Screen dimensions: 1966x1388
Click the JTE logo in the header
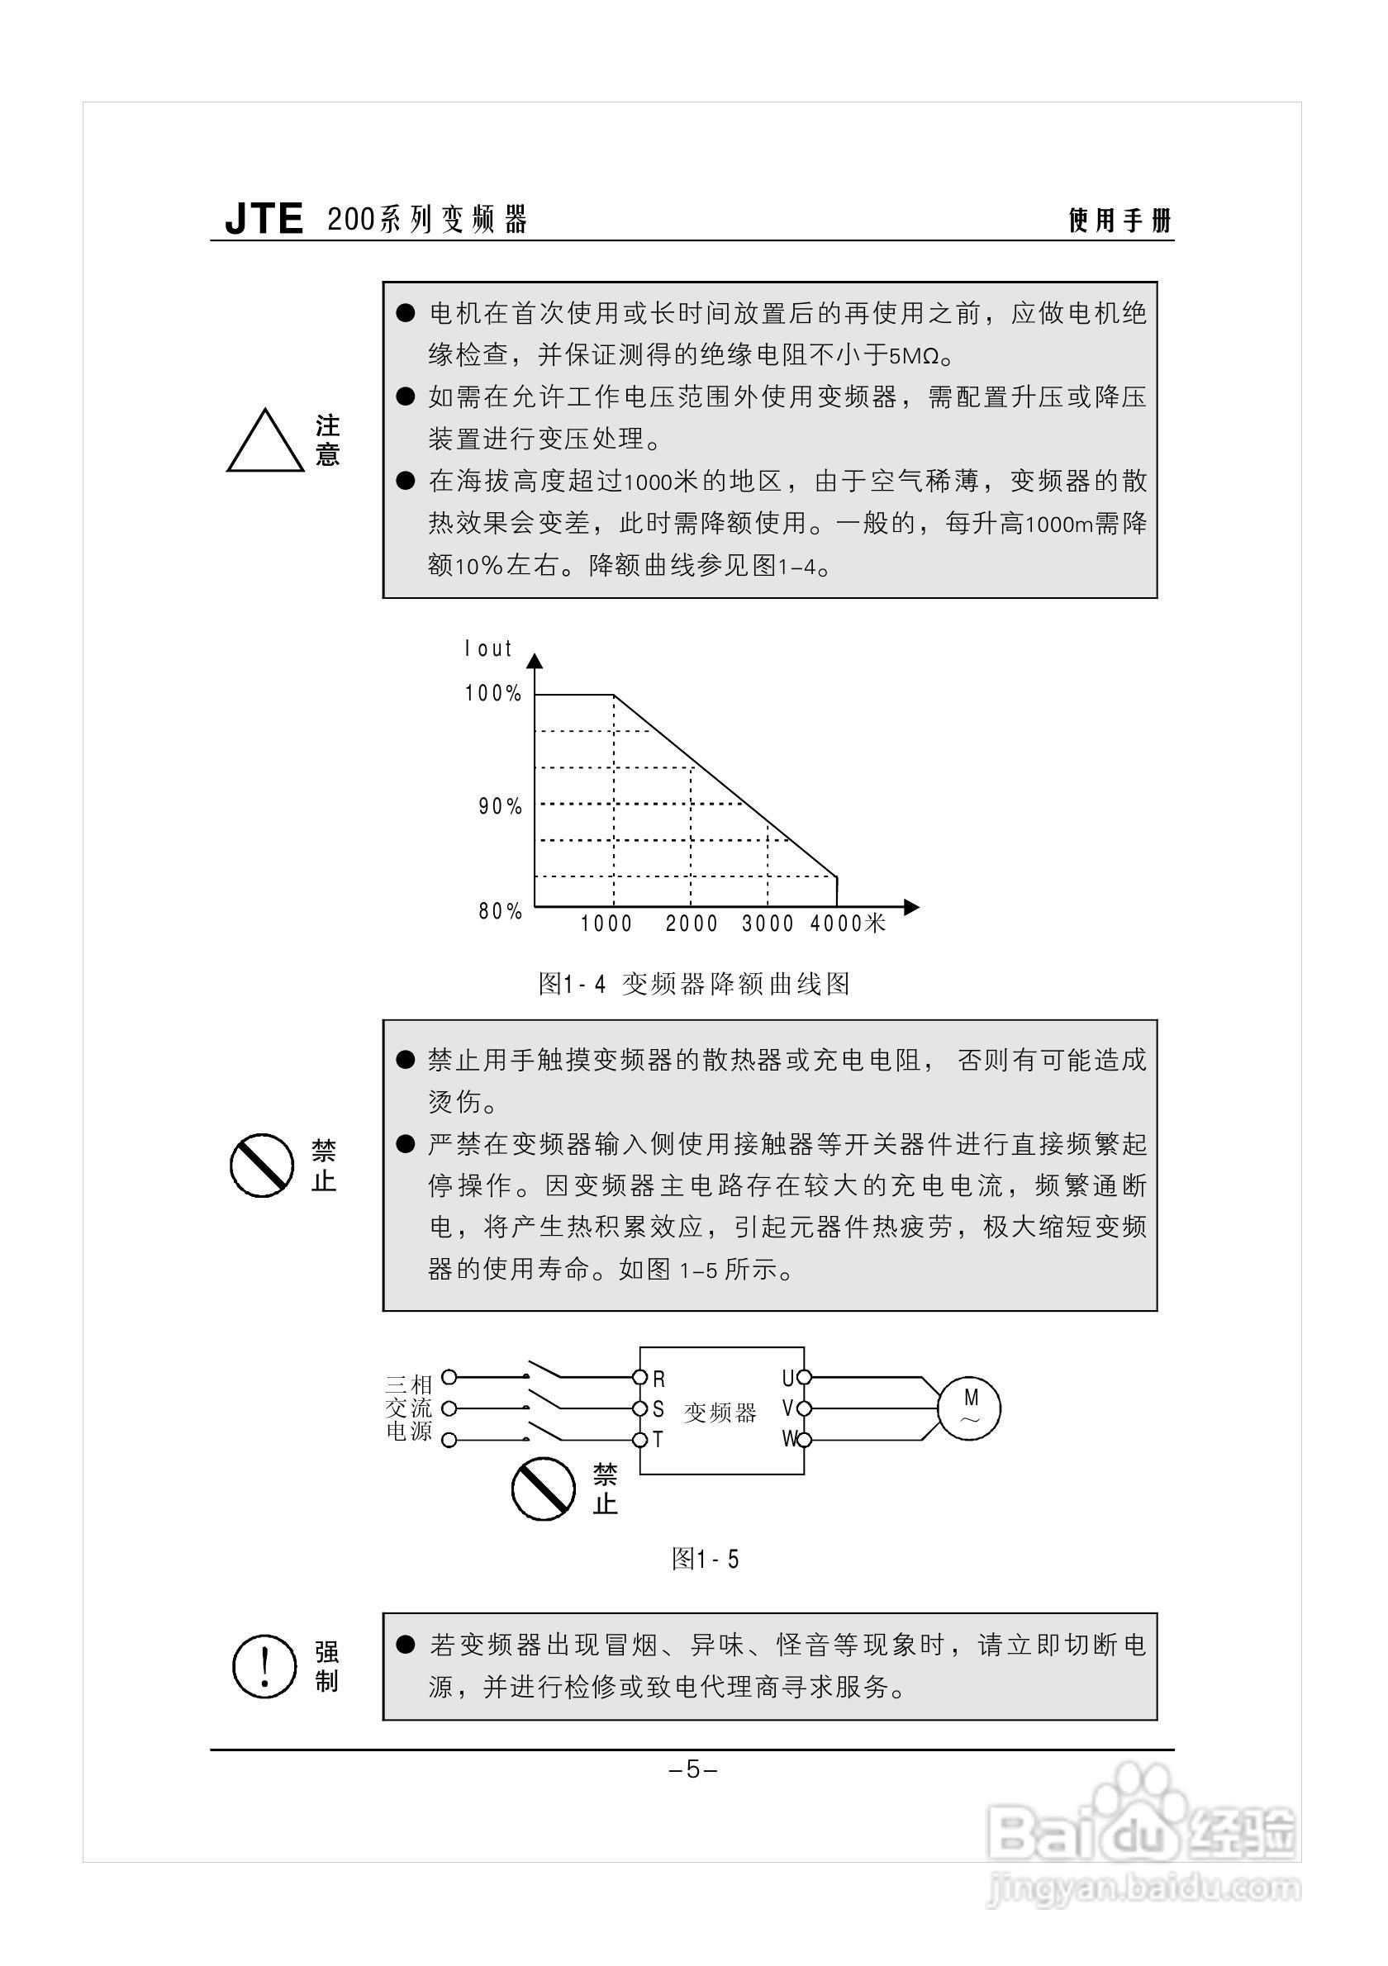tap(264, 219)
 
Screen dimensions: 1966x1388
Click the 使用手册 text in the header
tap(1119, 220)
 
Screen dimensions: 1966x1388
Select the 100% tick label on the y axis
tap(493, 694)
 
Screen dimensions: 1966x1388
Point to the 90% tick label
tap(500, 806)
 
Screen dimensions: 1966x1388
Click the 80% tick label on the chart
tap(500, 911)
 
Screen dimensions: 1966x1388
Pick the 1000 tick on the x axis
tap(606, 924)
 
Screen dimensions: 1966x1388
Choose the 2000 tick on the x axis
tap(691, 924)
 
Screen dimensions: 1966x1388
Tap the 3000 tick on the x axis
tap(768, 924)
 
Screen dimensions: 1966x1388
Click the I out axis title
tap(488, 649)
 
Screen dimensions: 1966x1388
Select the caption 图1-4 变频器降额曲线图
tap(693, 984)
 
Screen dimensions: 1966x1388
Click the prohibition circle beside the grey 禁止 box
tap(262, 1166)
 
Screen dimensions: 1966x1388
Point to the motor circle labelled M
tap(969, 1408)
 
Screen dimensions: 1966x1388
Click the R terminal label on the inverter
tap(658, 1379)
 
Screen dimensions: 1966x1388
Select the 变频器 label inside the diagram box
tap(720, 1412)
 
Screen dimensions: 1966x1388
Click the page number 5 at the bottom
tap(692, 1769)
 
